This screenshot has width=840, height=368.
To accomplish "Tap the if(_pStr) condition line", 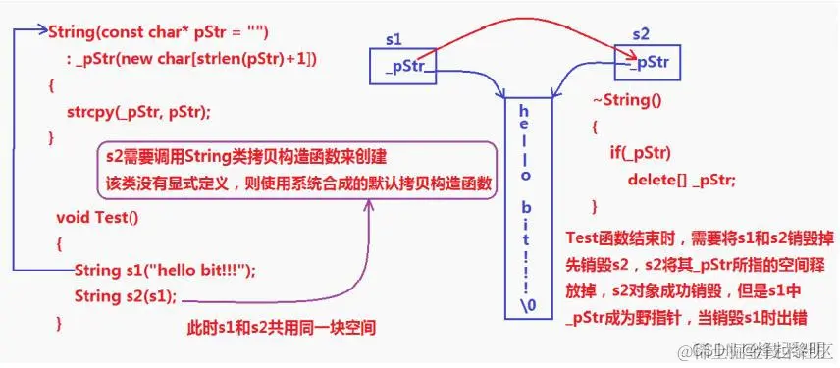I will [640, 153].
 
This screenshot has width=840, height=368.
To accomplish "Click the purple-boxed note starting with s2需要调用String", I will [296, 170].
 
